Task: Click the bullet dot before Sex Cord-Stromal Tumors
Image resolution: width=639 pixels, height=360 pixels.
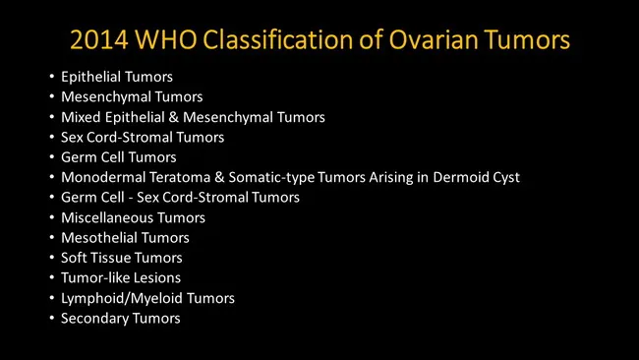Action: click(51, 138)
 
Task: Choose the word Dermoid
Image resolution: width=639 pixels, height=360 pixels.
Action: click(461, 178)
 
